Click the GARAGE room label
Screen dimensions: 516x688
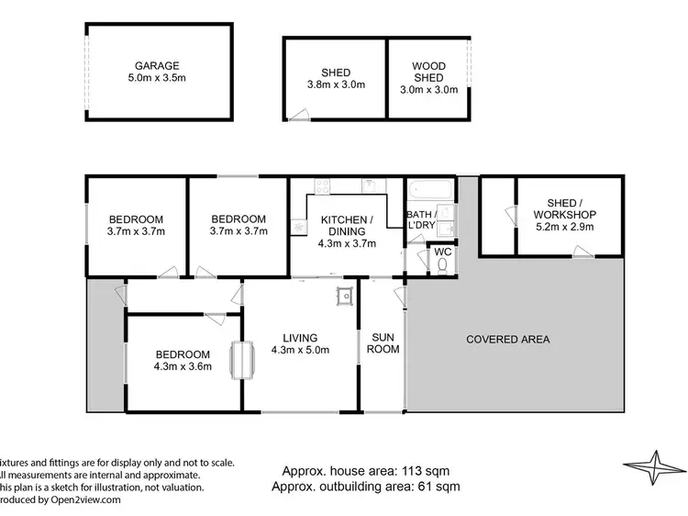157,65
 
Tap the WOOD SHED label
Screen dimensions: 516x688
428,73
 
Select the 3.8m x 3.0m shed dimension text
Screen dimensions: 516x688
335,85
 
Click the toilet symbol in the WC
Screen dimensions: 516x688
441,265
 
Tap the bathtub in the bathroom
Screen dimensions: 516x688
429,191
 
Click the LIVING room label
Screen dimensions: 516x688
300,337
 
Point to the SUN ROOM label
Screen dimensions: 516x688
383,342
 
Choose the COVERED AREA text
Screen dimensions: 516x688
507,339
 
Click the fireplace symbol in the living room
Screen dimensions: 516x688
243,359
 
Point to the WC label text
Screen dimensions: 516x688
441,251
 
